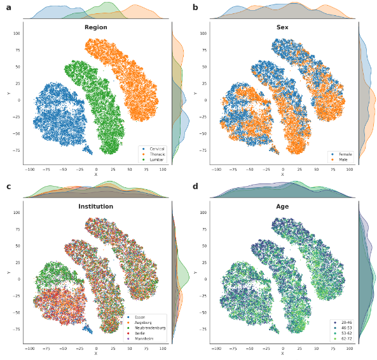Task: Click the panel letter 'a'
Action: pyautogui.click(x=8, y=8)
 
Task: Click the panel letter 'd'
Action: pyautogui.click(x=195, y=186)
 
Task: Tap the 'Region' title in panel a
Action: pyautogui.click(x=95, y=27)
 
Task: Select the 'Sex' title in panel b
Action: pyautogui.click(x=282, y=27)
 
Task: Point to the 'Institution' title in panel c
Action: pyautogui.click(x=95, y=206)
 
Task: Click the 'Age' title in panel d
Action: pyautogui.click(x=282, y=206)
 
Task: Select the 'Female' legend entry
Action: pyautogui.click(x=344, y=154)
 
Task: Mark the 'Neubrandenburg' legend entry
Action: pyautogui.click(x=149, y=327)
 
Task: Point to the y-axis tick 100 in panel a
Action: pyautogui.click(x=17, y=33)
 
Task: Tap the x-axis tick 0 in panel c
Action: pyautogui.click(x=96, y=349)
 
